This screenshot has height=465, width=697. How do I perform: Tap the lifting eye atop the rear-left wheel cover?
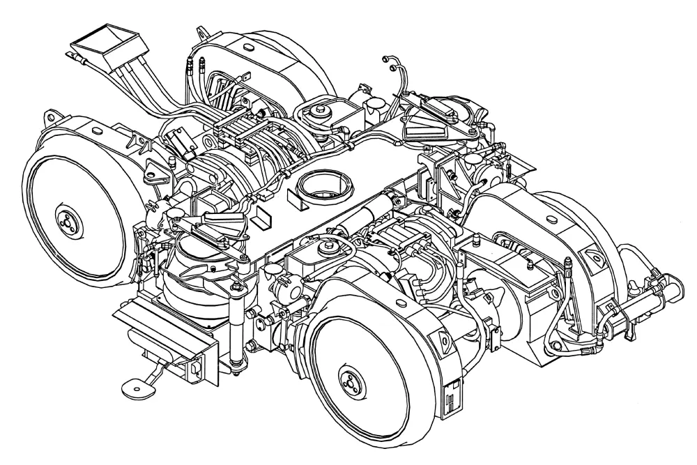coord(203,32)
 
